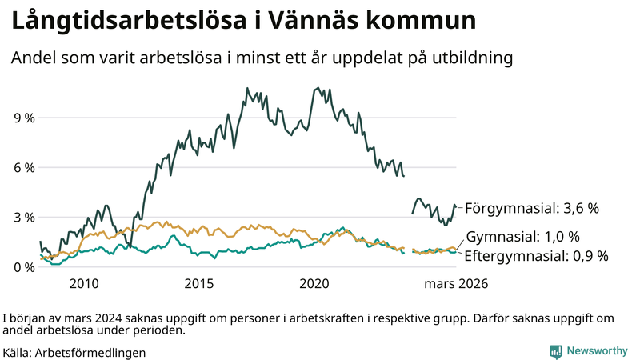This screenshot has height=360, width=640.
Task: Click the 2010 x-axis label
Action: (x=84, y=283)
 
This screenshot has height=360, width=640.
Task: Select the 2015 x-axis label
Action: (x=199, y=283)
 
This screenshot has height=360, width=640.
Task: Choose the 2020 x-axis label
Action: (x=314, y=283)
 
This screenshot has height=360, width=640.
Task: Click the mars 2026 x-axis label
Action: (x=455, y=283)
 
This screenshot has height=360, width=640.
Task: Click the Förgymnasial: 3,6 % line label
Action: (x=532, y=208)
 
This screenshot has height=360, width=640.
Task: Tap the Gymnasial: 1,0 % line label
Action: (x=522, y=238)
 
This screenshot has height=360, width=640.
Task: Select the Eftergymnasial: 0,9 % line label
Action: (x=537, y=256)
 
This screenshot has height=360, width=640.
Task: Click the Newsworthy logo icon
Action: (x=555, y=351)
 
